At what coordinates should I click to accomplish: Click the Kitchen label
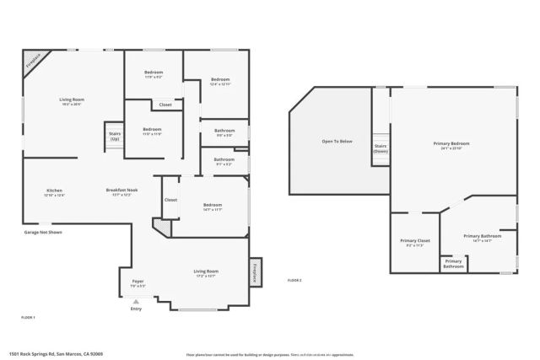[54, 191]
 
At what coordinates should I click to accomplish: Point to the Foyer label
[138, 282]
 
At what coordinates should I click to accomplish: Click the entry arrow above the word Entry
[136, 301]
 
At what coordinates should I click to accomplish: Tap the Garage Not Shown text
[43, 232]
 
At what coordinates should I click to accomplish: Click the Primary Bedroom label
[455, 143]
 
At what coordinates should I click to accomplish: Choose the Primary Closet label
[415, 241]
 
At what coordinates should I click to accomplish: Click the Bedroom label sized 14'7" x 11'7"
[212, 205]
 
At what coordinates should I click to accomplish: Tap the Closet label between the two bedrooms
[165, 105]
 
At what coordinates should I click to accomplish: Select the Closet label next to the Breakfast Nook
[170, 200]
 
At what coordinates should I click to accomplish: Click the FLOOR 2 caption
[294, 280]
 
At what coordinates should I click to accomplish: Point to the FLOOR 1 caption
[28, 316]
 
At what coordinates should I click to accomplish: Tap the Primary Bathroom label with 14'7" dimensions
[483, 236]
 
